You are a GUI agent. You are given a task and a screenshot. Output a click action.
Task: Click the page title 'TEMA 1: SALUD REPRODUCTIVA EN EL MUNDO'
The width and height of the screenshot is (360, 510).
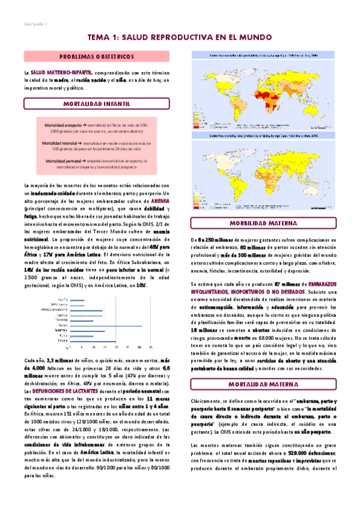(180, 37)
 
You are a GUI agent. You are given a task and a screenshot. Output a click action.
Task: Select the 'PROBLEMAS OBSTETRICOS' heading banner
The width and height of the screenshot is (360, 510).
(96, 57)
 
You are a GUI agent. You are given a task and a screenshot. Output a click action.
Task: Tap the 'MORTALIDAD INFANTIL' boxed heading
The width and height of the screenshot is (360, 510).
(96, 104)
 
